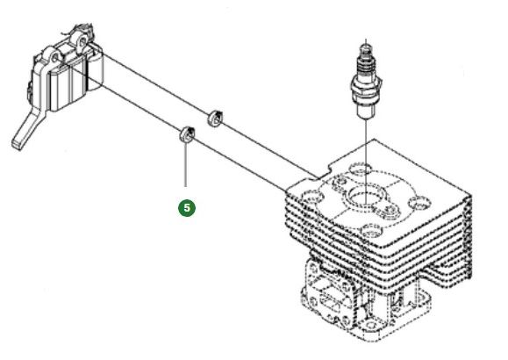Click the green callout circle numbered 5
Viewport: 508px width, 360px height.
pos(186,208)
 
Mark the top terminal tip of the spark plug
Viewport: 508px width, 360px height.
pos(364,44)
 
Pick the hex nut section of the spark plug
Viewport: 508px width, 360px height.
pos(364,88)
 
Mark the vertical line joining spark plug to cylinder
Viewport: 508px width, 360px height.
pos(364,140)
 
